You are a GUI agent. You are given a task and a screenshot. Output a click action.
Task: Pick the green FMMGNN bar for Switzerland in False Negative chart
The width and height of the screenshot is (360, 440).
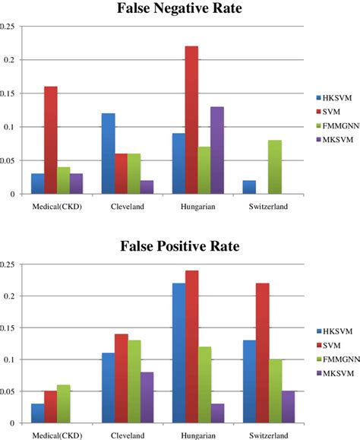coord(274,167)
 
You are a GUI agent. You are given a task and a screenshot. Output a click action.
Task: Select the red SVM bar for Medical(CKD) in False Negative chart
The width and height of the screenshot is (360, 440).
coord(50,140)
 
